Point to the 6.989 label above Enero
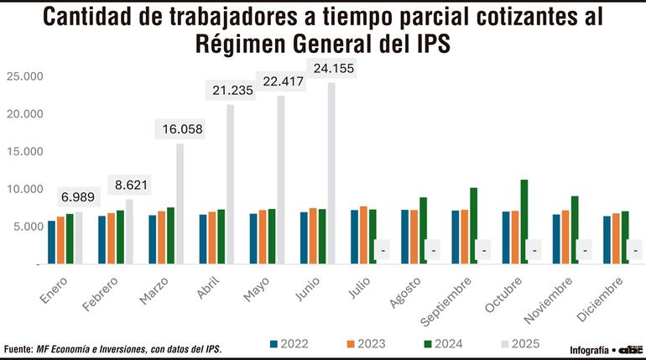(78, 198)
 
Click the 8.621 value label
(129, 185)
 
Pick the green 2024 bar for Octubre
(524, 222)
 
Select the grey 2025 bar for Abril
(231, 184)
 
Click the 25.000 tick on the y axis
(24, 76)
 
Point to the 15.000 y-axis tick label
(24, 151)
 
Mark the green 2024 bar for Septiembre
(473, 226)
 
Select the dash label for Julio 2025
(383, 250)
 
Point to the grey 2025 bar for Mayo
(281, 180)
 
